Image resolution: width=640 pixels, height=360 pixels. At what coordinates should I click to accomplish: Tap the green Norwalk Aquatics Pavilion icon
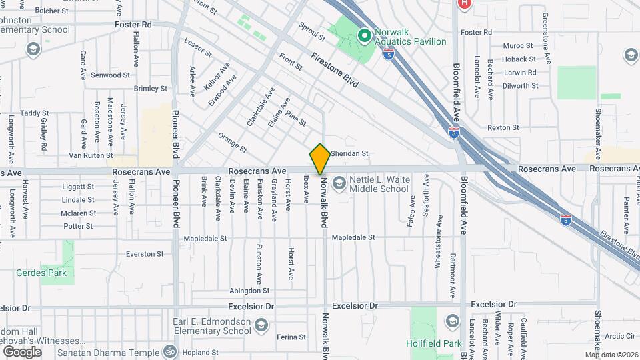pyautogui.click(x=365, y=36)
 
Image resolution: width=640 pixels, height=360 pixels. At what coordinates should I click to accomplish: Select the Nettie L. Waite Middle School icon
pyautogui.click(x=339, y=183)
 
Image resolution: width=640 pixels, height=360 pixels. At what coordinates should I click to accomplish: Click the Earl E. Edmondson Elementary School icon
pyautogui.click(x=261, y=325)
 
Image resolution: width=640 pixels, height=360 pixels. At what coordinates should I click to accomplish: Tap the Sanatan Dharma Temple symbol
pyautogui.click(x=170, y=351)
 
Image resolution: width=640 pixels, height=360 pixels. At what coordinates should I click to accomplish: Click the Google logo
pyautogui.click(x=22, y=351)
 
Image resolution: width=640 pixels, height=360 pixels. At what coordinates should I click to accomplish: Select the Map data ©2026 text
pyautogui.click(x=611, y=355)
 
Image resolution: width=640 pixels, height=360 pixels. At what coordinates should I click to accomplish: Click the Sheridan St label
pyautogui.click(x=349, y=153)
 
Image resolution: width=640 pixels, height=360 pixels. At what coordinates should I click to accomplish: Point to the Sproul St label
pyautogui.click(x=311, y=31)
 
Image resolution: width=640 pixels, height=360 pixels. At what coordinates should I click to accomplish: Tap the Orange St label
pyautogui.click(x=232, y=141)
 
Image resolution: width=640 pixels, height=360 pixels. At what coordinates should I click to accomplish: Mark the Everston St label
pyautogui.click(x=145, y=254)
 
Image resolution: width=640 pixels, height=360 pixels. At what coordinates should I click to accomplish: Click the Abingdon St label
pyautogui.click(x=249, y=291)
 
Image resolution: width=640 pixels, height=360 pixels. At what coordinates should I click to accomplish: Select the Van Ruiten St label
pyautogui.click(x=91, y=155)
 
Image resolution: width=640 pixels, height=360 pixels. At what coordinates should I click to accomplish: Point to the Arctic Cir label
pyautogui.click(x=620, y=336)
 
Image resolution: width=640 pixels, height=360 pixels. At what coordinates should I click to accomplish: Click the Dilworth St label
pyautogui.click(x=521, y=86)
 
